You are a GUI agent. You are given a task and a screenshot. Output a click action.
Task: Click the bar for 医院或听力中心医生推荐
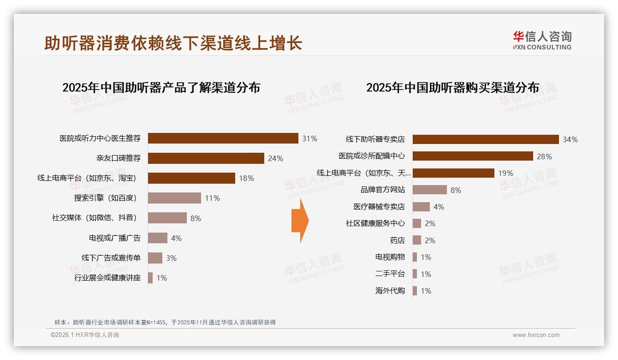pyautogui.click(x=223, y=138)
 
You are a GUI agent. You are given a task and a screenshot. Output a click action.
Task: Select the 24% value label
pyautogui.click(x=275, y=158)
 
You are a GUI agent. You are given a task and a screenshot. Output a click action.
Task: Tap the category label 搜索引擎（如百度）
pyautogui.click(x=105, y=198)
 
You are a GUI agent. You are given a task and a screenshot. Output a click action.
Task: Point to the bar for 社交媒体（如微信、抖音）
pyautogui.click(x=167, y=218)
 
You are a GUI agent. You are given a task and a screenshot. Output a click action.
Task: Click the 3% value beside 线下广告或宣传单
pyautogui.click(x=171, y=258)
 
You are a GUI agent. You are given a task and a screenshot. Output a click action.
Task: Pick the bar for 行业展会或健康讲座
pyautogui.click(x=150, y=278)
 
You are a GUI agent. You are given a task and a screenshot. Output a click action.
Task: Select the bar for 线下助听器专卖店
pyautogui.click(x=485, y=139)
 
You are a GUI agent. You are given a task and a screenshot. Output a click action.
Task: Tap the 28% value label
pyautogui.click(x=544, y=156)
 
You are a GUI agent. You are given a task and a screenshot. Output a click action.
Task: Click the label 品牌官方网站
pyautogui.click(x=382, y=190)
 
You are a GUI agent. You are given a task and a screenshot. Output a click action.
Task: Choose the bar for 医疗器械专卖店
pyautogui.click(x=421, y=207)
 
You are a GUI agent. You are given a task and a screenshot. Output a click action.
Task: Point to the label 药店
pyautogui.click(x=397, y=240)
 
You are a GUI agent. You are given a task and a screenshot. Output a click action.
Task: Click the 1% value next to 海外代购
pyautogui.click(x=426, y=291)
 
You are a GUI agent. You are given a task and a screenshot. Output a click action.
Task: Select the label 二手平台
pyautogui.click(x=390, y=274)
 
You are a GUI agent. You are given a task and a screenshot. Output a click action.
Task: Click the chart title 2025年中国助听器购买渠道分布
pyautogui.click(x=452, y=88)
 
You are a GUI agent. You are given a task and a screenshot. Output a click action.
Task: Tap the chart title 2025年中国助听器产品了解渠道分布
pyautogui.click(x=161, y=88)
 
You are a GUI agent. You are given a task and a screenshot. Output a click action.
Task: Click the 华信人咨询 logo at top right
pyautogui.click(x=542, y=40)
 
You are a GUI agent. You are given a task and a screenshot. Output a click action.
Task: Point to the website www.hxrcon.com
pyautogui.click(x=535, y=335)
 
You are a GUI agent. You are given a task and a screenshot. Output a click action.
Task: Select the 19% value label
pyautogui.click(x=505, y=173)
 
